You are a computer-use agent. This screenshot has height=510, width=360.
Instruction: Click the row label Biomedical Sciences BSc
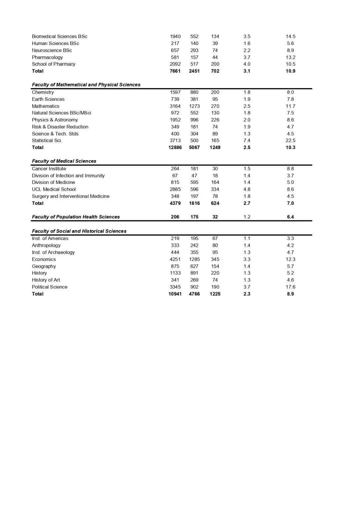click(59, 36)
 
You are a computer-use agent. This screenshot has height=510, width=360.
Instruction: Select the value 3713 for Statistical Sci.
click(175, 140)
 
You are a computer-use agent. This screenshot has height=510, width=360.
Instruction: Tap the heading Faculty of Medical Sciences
click(64, 161)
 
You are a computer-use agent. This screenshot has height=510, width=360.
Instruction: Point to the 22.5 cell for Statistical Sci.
click(290, 140)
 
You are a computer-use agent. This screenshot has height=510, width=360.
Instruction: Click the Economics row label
click(44, 259)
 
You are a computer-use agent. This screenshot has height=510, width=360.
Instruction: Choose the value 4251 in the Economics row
click(175, 259)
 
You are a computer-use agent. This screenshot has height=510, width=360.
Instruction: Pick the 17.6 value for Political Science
click(290, 287)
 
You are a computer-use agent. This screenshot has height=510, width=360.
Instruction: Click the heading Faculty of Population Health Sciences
click(76, 217)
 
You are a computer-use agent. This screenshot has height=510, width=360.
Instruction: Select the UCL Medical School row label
click(54, 189)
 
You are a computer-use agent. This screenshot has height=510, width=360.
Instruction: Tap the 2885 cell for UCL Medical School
click(175, 189)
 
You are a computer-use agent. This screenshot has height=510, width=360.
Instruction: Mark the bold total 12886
click(175, 147)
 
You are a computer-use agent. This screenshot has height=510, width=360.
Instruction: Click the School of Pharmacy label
click(53, 64)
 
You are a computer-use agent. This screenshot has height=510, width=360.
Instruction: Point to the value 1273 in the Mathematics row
click(194, 106)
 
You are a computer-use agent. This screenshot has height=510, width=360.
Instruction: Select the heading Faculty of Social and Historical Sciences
click(79, 231)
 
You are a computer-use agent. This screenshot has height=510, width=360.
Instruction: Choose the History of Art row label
click(46, 280)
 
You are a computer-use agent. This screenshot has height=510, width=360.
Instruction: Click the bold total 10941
click(175, 294)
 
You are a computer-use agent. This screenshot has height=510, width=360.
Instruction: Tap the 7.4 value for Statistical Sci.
click(247, 140)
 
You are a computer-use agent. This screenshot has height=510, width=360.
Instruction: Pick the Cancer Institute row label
click(49, 169)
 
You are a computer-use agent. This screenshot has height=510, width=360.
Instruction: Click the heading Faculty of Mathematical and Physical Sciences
click(86, 85)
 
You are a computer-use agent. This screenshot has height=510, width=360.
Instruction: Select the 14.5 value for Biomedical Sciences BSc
click(290, 36)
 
